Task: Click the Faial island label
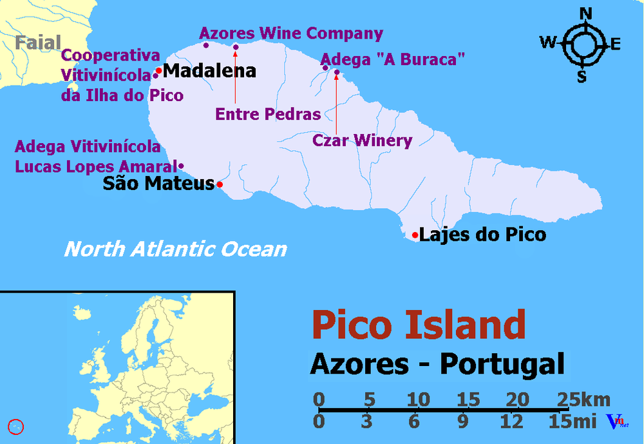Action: [38, 43]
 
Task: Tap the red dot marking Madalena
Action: [159, 70]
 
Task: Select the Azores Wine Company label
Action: [291, 34]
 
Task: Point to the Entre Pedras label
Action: [268, 115]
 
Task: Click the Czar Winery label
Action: [362, 140]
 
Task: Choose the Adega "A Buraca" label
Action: [392, 60]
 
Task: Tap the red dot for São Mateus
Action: [220, 185]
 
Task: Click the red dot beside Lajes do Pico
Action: [415, 235]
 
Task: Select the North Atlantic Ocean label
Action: [175, 249]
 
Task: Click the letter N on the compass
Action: [585, 13]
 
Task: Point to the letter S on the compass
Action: [582, 77]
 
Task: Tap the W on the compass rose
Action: [548, 43]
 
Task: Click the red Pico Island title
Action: [419, 325]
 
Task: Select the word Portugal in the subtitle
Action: [503, 364]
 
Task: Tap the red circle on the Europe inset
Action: [16, 426]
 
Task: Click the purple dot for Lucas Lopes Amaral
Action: [182, 166]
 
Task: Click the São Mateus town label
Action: [158, 184]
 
